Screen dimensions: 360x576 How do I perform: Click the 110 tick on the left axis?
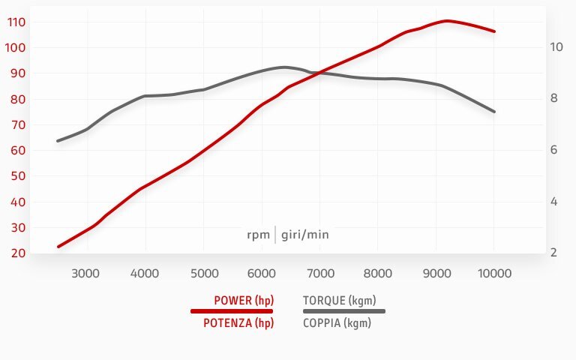16,22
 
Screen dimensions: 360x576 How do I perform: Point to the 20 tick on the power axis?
18,253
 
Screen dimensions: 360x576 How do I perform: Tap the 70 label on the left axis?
18,124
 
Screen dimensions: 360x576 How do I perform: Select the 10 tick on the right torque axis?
556,46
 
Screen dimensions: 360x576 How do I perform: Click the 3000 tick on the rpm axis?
85,273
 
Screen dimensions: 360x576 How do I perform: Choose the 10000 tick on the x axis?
494,273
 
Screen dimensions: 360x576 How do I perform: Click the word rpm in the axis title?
258,235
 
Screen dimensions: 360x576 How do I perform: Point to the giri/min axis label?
305,235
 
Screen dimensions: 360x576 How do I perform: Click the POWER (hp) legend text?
244,301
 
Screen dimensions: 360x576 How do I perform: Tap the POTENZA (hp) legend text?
238,323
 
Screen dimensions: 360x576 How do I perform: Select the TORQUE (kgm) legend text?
334,301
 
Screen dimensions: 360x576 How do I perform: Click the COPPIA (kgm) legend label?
337,323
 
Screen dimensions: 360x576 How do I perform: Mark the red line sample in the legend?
232,310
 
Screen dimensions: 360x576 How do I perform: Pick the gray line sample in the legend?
343,310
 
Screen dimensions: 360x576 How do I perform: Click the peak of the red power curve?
447,21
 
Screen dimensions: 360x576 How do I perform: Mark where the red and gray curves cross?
319,73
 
